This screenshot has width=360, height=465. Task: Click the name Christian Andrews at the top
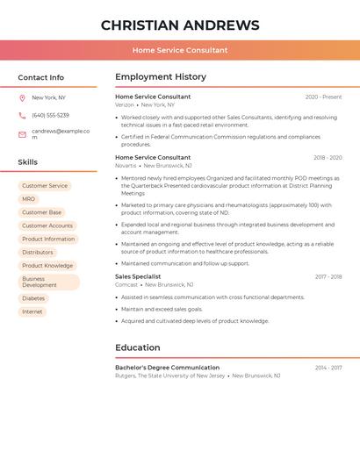[x=180, y=25]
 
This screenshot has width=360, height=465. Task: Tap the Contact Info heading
[x=41, y=77]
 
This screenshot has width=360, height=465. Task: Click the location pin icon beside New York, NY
[x=22, y=98]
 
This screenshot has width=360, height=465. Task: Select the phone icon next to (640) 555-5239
[x=22, y=116]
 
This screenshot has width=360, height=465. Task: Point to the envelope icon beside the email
[x=22, y=134]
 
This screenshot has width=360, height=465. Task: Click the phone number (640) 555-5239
[x=50, y=116]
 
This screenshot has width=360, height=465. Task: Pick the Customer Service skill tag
[x=45, y=186]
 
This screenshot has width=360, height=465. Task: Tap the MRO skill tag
[x=29, y=199]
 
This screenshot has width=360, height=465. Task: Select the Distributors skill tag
[x=38, y=253]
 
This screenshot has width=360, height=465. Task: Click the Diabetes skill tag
[x=33, y=298]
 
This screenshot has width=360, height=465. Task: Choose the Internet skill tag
[x=32, y=312]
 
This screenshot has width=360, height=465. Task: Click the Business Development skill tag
[x=48, y=282]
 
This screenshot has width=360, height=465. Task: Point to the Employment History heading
[x=161, y=77]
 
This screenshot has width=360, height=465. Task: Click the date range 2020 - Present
[x=323, y=97]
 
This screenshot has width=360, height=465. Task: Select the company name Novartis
[x=126, y=166]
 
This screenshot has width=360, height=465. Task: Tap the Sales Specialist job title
[x=138, y=276]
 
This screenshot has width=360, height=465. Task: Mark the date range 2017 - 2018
[x=328, y=277]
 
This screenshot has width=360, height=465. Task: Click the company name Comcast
[x=126, y=285]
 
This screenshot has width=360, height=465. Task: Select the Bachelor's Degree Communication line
[x=167, y=368]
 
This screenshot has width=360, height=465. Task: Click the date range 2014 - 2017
[x=328, y=368]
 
